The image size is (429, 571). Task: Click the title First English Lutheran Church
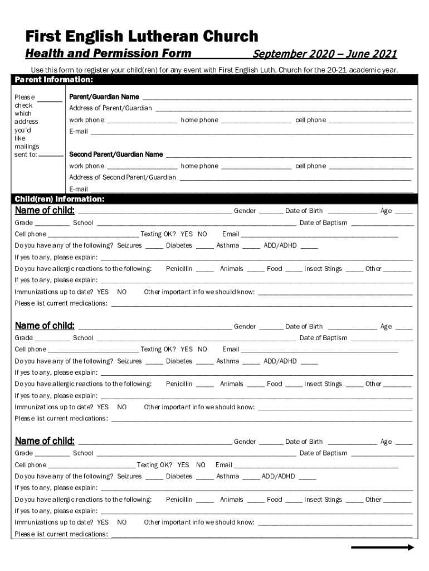click(142, 37)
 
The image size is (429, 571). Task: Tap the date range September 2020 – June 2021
click(325, 54)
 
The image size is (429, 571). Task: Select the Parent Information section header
click(53, 79)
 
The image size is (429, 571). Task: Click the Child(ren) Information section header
click(60, 199)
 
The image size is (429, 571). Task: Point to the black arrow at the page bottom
click(382, 548)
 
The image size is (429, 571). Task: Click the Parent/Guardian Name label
click(104, 97)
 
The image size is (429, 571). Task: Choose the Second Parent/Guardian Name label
click(116, 154)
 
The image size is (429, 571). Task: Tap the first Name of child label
click(45, 211)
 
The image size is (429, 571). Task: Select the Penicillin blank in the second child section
click(204, 385)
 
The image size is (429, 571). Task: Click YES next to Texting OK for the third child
click(183, 465)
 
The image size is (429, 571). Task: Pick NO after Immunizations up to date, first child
click(122, 292)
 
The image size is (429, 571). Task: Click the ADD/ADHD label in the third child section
click(278, 477)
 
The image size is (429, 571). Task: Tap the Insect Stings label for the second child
click(323, 384)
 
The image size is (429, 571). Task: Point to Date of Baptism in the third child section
click(323, 453)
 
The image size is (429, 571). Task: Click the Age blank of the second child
click(404, 328)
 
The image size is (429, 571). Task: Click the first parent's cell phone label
click(310, 120)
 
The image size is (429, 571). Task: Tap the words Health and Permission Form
click(108, 54)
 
